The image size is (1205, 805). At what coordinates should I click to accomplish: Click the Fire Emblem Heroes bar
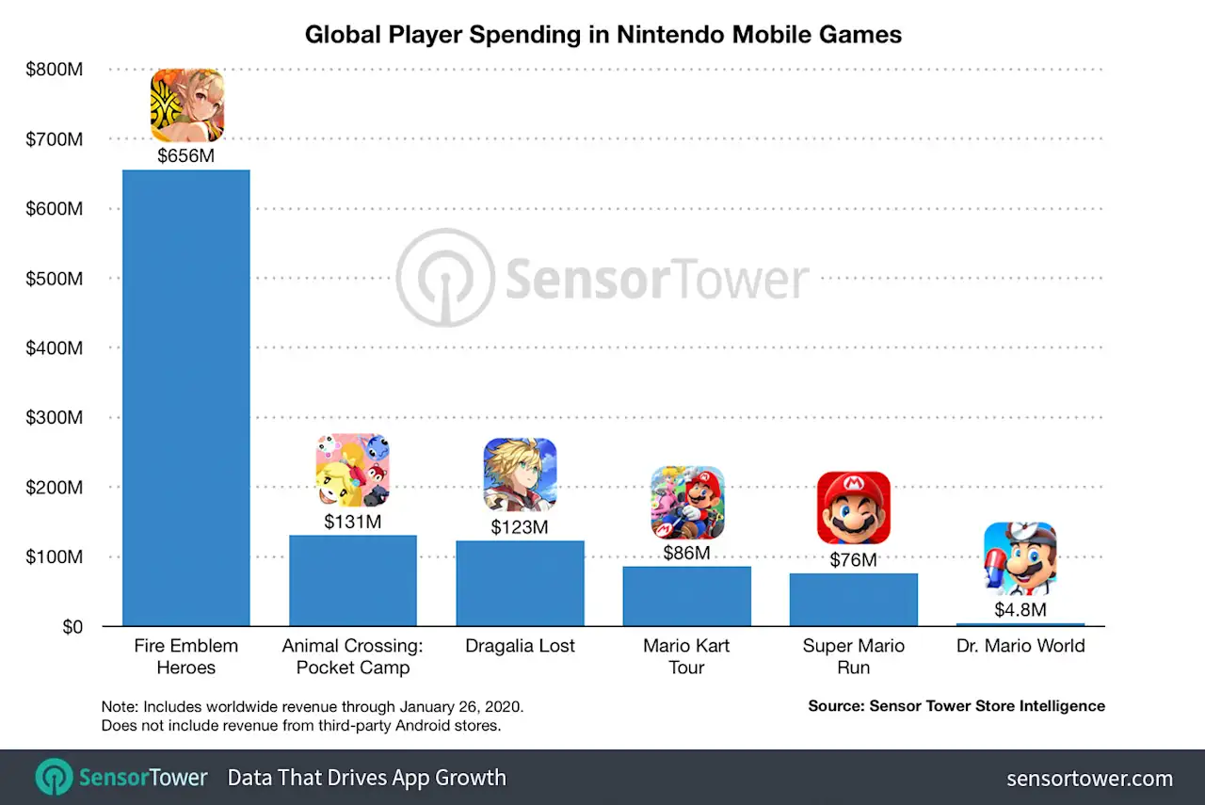point(186,397)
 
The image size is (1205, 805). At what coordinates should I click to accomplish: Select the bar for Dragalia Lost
point(520,583)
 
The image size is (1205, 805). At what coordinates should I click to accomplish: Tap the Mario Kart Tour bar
point(686,596)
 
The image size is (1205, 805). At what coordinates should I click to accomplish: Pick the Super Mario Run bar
point(853,600)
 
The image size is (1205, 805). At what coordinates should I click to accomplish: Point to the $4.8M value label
point(1020,610)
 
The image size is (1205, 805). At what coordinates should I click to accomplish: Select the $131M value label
point(353,522)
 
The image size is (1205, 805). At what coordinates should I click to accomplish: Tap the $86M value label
point(686,554)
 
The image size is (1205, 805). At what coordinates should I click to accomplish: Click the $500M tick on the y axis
point(55,279)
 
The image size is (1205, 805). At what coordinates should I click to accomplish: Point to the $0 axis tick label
point(72,627)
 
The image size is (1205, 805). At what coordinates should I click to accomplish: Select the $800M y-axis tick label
point(55,70)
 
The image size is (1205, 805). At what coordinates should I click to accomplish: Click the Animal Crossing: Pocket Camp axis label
point(353,656)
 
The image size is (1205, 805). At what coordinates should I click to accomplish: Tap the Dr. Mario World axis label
point(1020,646)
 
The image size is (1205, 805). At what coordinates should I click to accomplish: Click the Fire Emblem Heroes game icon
point(187,105)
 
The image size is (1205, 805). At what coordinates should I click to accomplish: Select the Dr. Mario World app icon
point(1020,559)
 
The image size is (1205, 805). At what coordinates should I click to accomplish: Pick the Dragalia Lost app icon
point(521,475)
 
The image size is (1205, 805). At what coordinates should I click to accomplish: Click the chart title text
point(602,36)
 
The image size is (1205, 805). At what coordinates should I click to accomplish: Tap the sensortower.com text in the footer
point(1089,779)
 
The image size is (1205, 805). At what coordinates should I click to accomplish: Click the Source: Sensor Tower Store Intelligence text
point(956,705)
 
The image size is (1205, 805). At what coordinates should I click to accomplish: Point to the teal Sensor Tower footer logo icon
point(54,778)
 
